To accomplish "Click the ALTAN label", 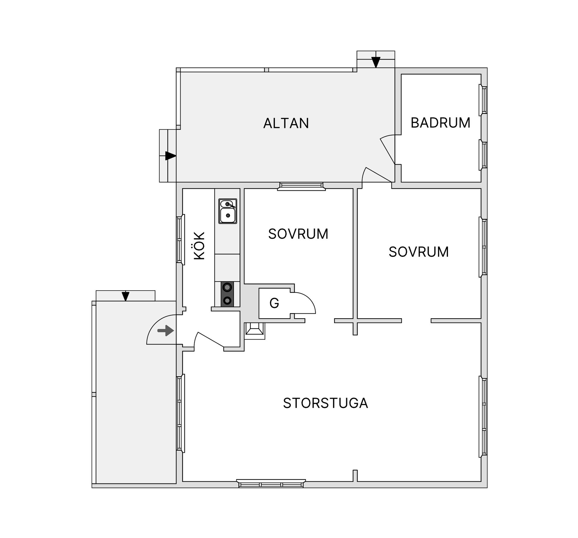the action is (x=286, y=123).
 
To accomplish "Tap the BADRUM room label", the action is (x=440, y=123).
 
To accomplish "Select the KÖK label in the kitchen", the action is (x=199, y=246).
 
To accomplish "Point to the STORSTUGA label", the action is (x=325, y=403).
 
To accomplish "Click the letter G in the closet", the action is (x=274, y=303).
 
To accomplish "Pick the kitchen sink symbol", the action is (x=228, y=211).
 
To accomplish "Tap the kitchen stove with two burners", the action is (x=227, y=294).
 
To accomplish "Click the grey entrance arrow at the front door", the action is (x=166, y=331).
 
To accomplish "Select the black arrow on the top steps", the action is (x=376, y=62).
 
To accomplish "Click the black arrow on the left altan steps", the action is (x=171, y=156).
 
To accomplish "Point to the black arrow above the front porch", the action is (x=126, y=296).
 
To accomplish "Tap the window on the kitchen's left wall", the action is (x=180, y=240).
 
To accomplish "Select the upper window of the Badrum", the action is (x=483, y=100).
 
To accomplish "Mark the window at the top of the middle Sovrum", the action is (x=301, y=186).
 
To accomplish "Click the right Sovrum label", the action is (x=419, y=252).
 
